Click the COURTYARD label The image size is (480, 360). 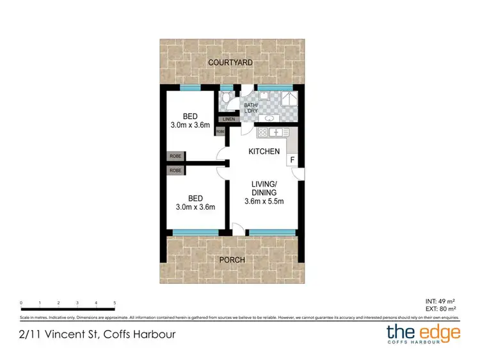(x=230, y=63)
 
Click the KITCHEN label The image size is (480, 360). (x=264, y=152)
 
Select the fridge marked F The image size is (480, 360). (x=292, y=159)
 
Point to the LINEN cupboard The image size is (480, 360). (x=228, y=119)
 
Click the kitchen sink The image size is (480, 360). (x=278, y=132)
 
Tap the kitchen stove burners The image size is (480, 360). (x=261, y=132)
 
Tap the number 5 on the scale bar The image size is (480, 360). (x=115, y=302)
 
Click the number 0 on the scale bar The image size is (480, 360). (x=21, y=302)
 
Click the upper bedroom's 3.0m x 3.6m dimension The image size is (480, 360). (x=190, y=125)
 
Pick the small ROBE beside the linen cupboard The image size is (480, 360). (x=220, y=132)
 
